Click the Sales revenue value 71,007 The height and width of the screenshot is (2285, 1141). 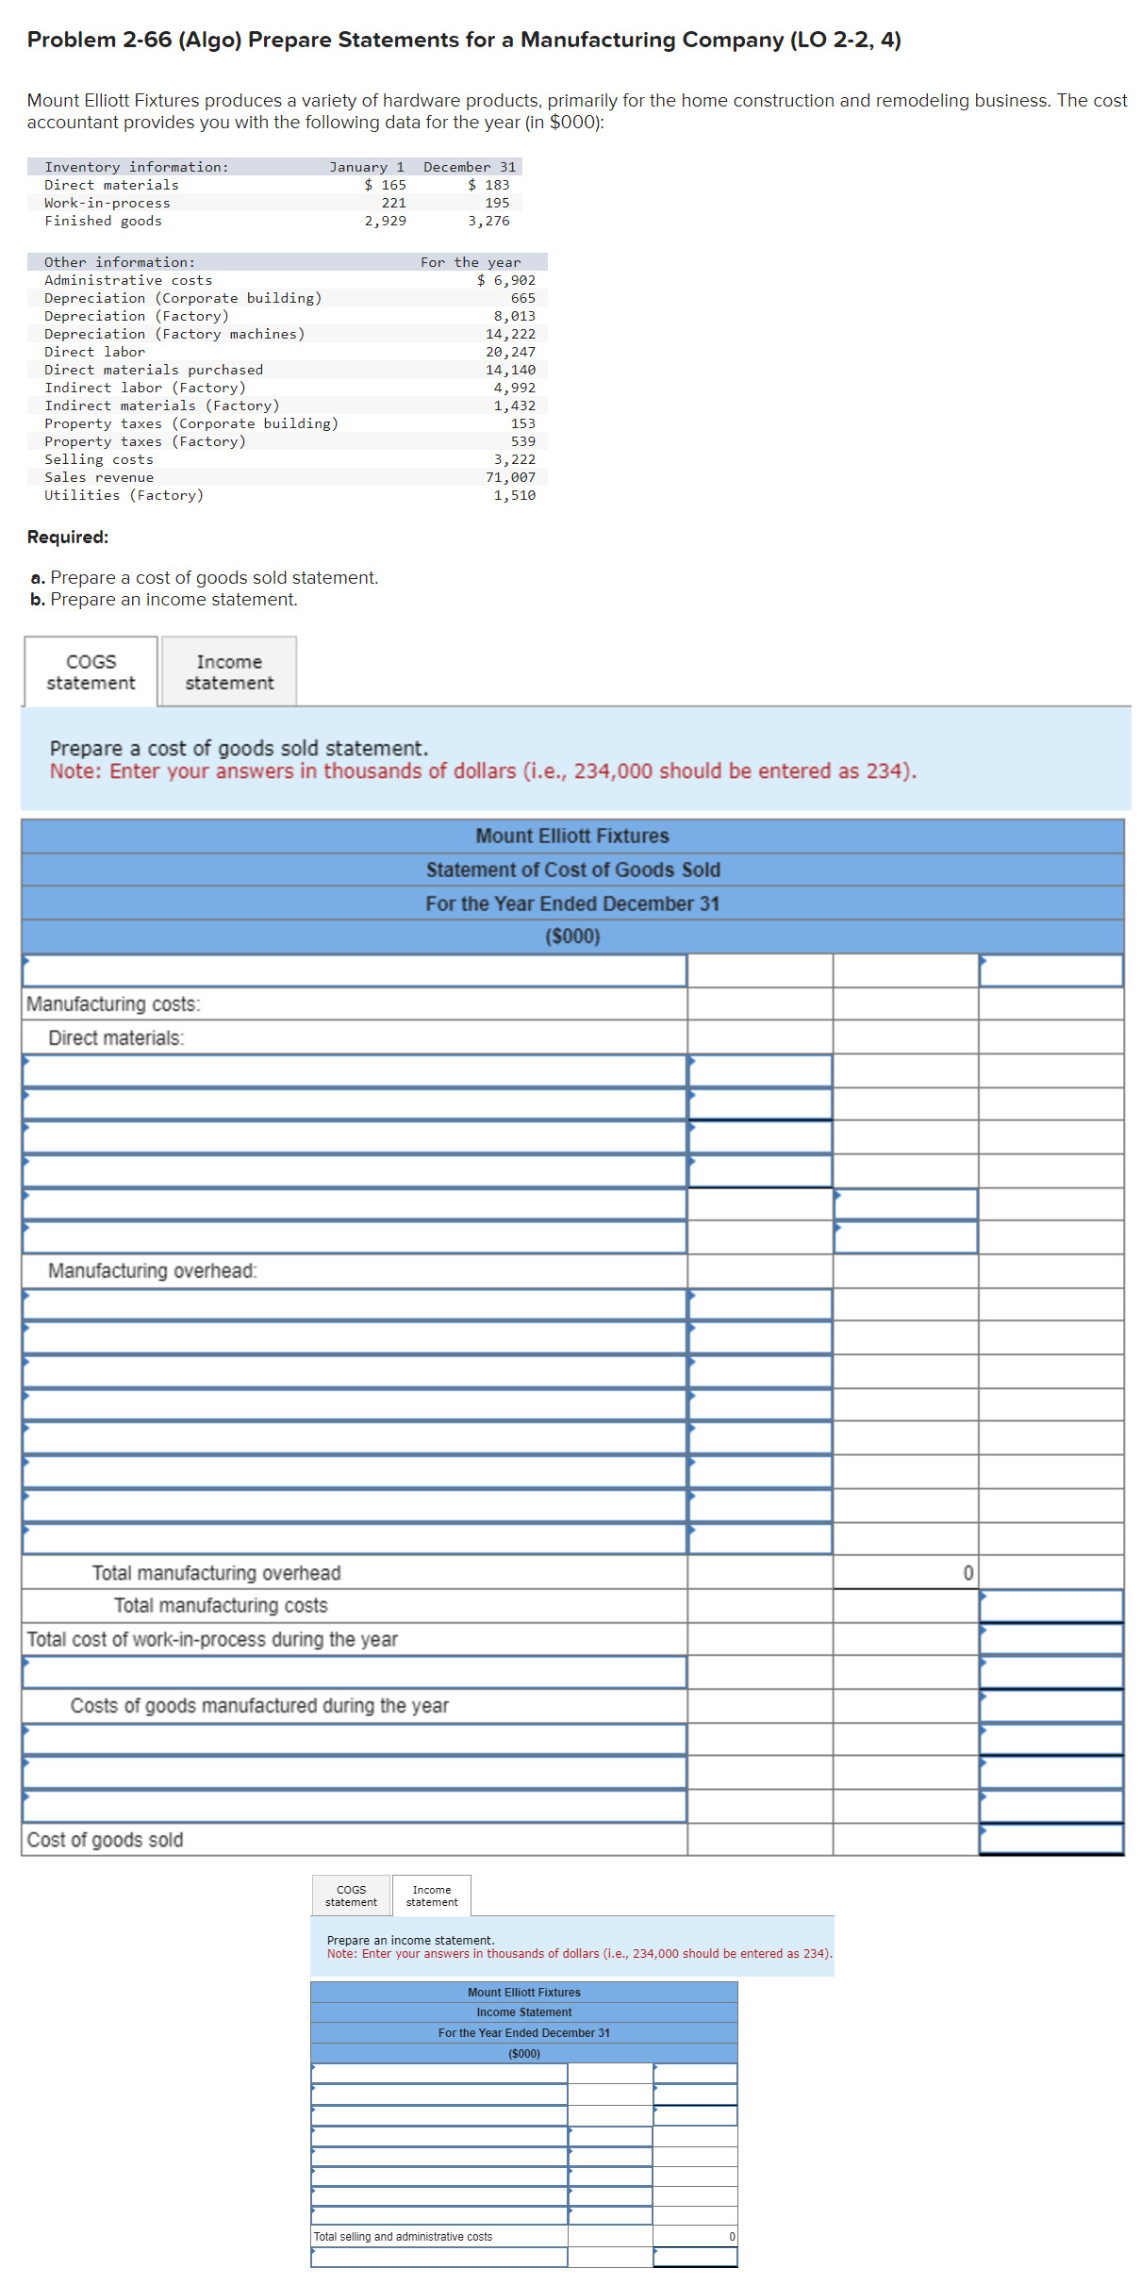[x=510, y=477]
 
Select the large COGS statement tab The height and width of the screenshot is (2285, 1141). [x=91, y=671]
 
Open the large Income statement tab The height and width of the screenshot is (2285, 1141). [x=229, y=671]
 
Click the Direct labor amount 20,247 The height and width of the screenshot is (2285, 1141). [x=510, y=352]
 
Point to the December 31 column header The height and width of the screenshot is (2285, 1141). [x=470, y=167]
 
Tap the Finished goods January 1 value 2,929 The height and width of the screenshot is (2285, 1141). [x=385, y=221]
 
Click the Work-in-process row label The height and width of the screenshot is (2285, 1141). [x=107, y=203]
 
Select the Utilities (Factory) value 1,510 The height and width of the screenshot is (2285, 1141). [x=514, y=495]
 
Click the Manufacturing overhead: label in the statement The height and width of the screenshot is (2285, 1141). [x=152, y=1270]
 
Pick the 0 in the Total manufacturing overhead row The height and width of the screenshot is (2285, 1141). [x=967, y=1573]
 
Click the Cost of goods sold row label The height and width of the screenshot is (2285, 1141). [x=105, y=1840]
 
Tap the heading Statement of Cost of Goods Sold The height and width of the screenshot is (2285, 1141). [x=572, y=869]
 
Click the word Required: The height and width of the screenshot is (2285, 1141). [x=68, y=537]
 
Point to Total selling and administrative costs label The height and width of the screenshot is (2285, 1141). [x=403, y=2236]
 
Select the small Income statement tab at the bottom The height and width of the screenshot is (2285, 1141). [x=432, y=1896]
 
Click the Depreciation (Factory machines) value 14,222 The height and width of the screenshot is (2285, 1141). [x=510, y=334]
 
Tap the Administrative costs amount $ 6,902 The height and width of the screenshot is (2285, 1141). [x=506, y=280]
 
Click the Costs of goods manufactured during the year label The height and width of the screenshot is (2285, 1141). [x=259, y=1706]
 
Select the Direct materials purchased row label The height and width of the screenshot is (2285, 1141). [x=154, y=370]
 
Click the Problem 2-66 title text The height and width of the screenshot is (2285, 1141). [x=463, y=40]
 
